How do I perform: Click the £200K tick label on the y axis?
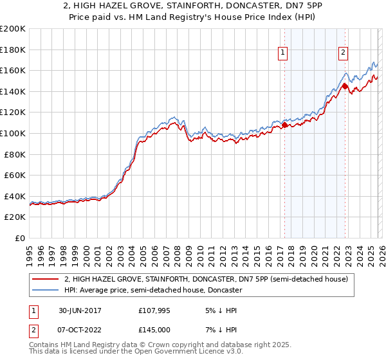pyautogui.click(x=13, y=29)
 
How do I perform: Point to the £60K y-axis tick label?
pyautogui.click(x=15, y=175)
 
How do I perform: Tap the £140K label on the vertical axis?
pyautogui.click(x=13, y=91)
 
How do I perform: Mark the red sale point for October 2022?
pyautogui.click(x=345, y=86)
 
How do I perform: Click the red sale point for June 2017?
pyautogui.click(x=284, y=125)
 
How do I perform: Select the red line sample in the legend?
pyautogui.click(x=45, y=279)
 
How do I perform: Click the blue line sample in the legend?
pyautogui.click(x=45, y=290)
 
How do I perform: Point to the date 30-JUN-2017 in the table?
pyautogui.click(x=75, y=310)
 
